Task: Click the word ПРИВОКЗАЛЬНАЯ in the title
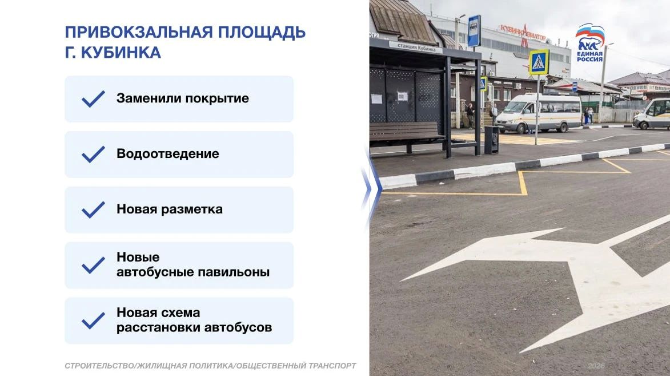coord(138,32)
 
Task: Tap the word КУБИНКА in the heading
coord(121,53)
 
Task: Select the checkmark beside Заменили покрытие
coord(93,98)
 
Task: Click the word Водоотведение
coord(167,154)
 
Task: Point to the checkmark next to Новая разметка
coord(93,209)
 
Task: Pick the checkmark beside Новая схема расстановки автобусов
coord(93,320)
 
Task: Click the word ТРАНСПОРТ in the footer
coord(332,366)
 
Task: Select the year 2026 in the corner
coord(596,366)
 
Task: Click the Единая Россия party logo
coord(589,42)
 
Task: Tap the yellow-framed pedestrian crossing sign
coord(539,62)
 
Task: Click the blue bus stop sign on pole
coord(474,31)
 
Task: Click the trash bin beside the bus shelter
coord(491,140)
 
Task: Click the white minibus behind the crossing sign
coord(539,113)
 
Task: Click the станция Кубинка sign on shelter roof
coord(416,47)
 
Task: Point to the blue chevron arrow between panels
coord(371,188)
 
